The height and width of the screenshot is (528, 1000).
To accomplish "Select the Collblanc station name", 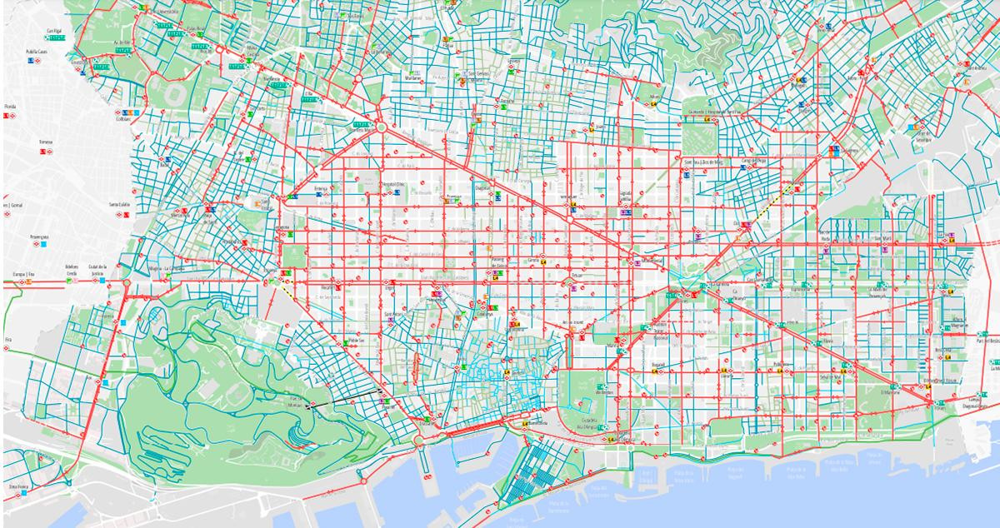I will click(126, 120).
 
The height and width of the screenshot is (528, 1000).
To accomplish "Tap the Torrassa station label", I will click(45, 142).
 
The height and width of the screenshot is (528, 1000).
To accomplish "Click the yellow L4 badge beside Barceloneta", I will click(525, 425).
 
